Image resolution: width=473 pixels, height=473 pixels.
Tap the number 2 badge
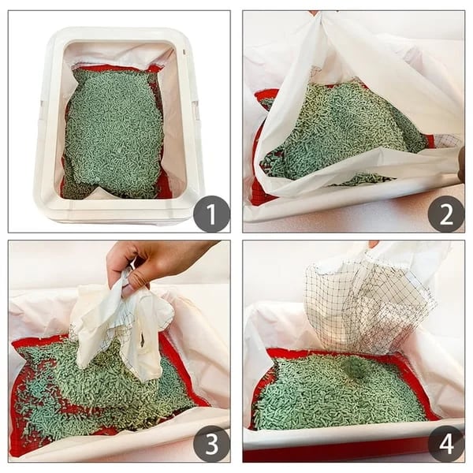(x=445, y=214)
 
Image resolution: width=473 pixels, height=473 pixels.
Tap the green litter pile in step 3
(x=95, y=386)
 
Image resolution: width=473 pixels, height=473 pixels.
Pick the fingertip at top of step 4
(x=373, y=244)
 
